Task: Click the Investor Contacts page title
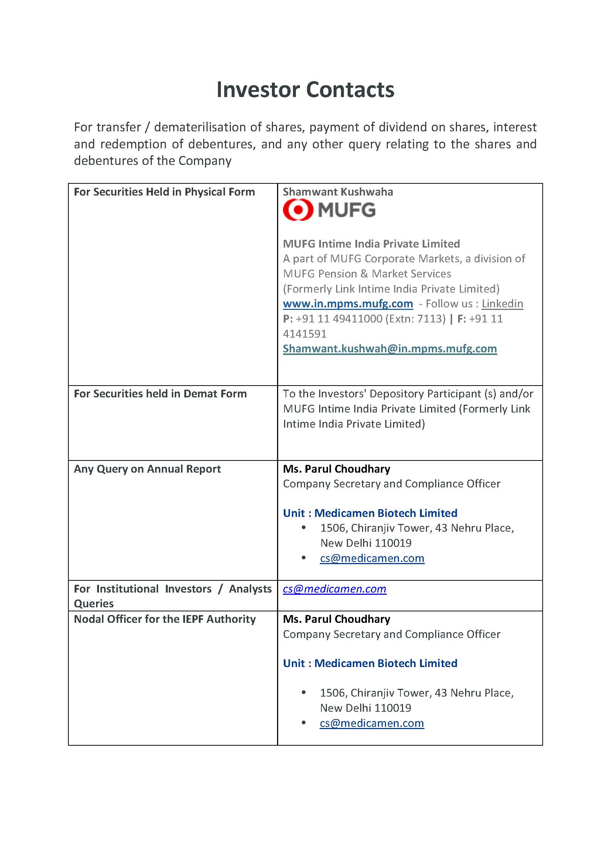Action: coord(305,90)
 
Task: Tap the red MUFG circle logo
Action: coord(298,210)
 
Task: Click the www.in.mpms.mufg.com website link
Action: coord(348,304)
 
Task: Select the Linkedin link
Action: coord(502,304)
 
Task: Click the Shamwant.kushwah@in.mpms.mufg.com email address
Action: coord(389,349)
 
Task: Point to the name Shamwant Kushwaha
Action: coord(338,192)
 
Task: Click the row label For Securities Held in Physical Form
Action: coord(164,192)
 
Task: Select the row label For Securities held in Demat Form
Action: coord(160,394)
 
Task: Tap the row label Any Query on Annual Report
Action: coord(147,469)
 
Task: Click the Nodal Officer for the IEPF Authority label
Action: coord(164,619)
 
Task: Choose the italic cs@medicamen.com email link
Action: coord(334,589)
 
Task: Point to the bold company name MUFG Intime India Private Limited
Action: coord(371,244)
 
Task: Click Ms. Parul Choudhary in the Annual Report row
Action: coord(337,469)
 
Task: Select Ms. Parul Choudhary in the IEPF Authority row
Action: coord(337,619)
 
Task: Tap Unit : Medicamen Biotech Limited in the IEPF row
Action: coord(370,663)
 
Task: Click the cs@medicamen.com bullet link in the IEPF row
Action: coord(371,723)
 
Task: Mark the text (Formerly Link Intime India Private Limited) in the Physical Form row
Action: coord(391,289)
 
